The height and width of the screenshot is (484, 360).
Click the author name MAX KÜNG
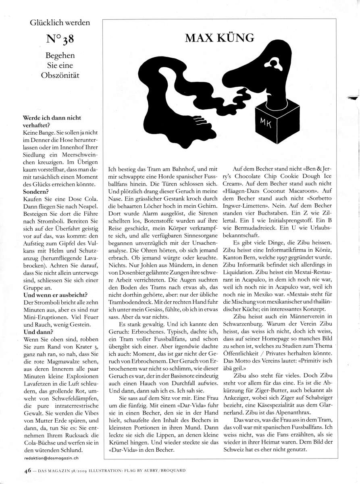click(219, 38)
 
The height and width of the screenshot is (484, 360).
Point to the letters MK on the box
click(266, 122)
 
